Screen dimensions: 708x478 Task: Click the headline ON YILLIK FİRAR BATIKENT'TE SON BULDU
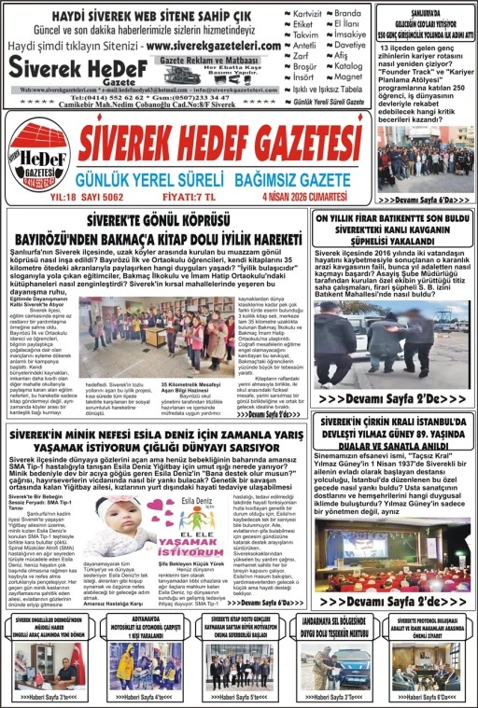point(391,219)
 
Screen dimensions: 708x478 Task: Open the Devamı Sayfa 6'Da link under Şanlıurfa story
point(425,200)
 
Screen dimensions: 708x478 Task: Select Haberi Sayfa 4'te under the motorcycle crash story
point(145,695)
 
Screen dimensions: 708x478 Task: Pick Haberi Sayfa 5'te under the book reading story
point(240,695)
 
